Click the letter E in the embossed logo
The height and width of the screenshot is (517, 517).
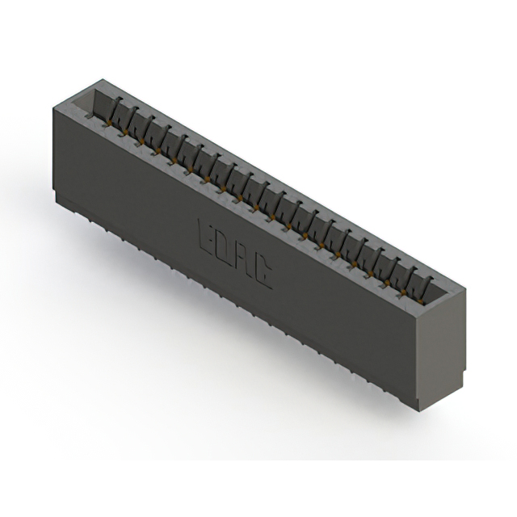206,234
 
